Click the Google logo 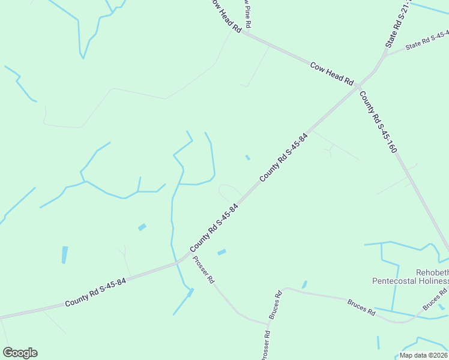(20, 353)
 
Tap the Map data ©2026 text (423, 355)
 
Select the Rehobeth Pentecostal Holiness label (411, 277)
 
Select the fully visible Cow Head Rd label (333, 74)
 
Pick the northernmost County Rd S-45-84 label (283, 158)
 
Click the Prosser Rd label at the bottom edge (265, 346)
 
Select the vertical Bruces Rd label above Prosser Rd (275, 305)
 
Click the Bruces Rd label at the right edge (435, 298)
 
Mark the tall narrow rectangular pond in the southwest (64, 255)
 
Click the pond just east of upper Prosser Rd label (221, 252)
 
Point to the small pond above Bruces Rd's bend (304, 284)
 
